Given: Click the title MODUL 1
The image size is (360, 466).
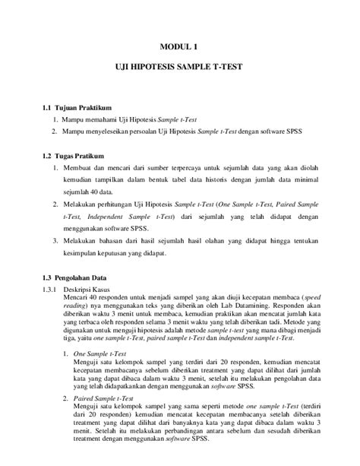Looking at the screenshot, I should (x=180, y=47).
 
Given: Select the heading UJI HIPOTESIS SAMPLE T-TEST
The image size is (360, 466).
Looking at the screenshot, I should (x=180, y=67).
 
